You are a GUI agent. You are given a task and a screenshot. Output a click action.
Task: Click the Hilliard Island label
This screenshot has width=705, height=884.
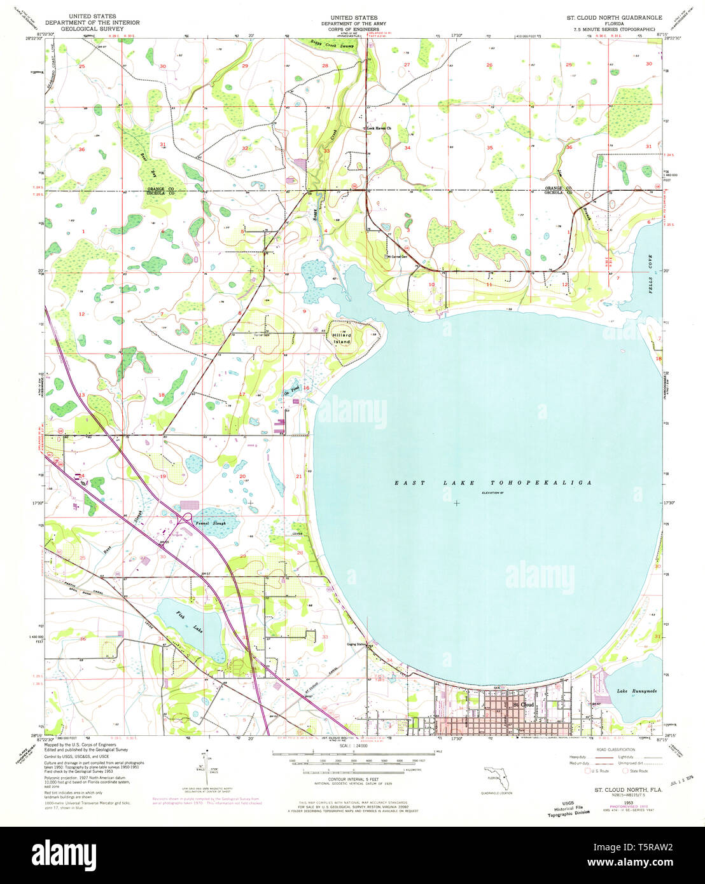(x=341, y=338)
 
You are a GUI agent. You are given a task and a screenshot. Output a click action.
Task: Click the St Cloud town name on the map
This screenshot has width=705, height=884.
(x=523, y=705)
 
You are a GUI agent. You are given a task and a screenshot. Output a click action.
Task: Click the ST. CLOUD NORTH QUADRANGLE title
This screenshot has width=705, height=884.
(x=614, y=18)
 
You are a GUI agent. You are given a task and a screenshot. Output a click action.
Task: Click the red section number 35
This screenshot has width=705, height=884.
(x=489, y=148)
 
